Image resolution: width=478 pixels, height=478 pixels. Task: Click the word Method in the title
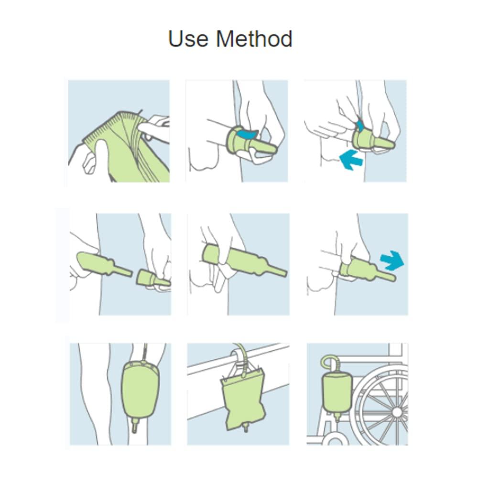254,39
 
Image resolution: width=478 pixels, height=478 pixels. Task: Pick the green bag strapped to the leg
140,389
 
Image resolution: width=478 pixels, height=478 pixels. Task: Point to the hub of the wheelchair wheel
396,412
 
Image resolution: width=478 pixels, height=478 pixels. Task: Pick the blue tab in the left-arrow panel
359,126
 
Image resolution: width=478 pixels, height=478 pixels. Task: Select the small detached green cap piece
152,279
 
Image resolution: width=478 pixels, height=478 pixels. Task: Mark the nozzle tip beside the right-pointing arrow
389,277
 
